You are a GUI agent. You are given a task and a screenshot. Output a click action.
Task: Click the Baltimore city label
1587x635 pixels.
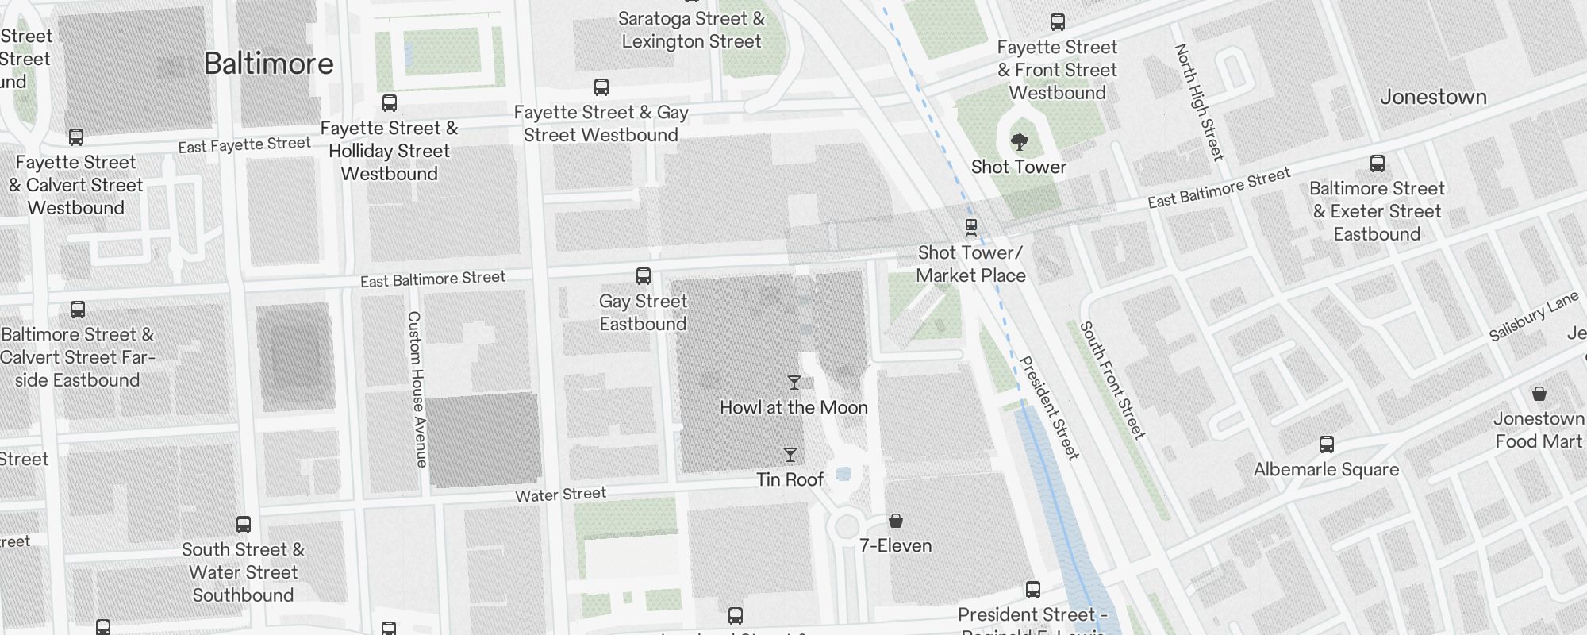coord(268,63)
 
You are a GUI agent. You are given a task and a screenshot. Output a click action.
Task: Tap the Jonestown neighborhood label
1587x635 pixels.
coord(1433,97)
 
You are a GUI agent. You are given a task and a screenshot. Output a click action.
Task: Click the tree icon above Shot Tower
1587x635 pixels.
coord(1020,142)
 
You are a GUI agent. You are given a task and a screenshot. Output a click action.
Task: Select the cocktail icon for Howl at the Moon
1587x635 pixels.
coord(793,383)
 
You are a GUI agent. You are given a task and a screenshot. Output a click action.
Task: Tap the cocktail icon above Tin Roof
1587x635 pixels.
coord(790,455)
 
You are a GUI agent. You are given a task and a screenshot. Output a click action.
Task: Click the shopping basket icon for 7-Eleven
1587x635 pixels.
coord(896,521)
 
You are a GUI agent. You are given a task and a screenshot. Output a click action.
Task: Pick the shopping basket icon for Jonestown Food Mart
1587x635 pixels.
coord(1539,394)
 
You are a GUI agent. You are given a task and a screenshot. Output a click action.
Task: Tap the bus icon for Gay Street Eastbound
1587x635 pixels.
coord(644,276)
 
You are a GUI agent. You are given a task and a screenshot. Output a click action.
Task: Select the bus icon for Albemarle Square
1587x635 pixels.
coord(1326,444)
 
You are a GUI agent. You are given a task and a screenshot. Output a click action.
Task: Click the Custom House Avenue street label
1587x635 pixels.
coord(417,388)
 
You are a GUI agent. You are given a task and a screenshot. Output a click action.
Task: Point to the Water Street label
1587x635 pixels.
coord(560,495)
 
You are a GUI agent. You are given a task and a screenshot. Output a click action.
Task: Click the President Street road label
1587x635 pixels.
coord(1049,407)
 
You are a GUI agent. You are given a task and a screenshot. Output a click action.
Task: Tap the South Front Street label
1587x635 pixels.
coord(1112,380)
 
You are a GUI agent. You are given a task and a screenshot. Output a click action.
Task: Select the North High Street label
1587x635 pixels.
coord(1200,102)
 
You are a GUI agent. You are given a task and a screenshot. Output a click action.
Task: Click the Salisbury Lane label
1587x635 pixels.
coord(1533,317)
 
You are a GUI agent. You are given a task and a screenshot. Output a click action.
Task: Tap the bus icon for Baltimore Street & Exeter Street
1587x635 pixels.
coord(1378,164)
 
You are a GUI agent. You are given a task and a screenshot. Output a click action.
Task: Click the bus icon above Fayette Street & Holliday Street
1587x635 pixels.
coord(390,102)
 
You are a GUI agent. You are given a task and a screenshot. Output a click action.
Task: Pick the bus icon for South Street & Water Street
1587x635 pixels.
coord(244,525)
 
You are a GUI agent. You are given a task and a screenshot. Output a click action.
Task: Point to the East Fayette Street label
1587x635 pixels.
coord(244,145)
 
